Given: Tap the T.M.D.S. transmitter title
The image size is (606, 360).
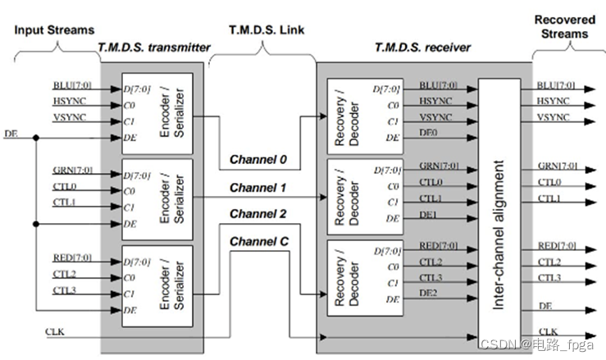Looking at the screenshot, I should tap(153, 47).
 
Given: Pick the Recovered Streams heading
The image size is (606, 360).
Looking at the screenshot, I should tap(566, 26).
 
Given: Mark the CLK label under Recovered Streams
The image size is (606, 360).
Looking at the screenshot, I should tap(549, 331).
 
